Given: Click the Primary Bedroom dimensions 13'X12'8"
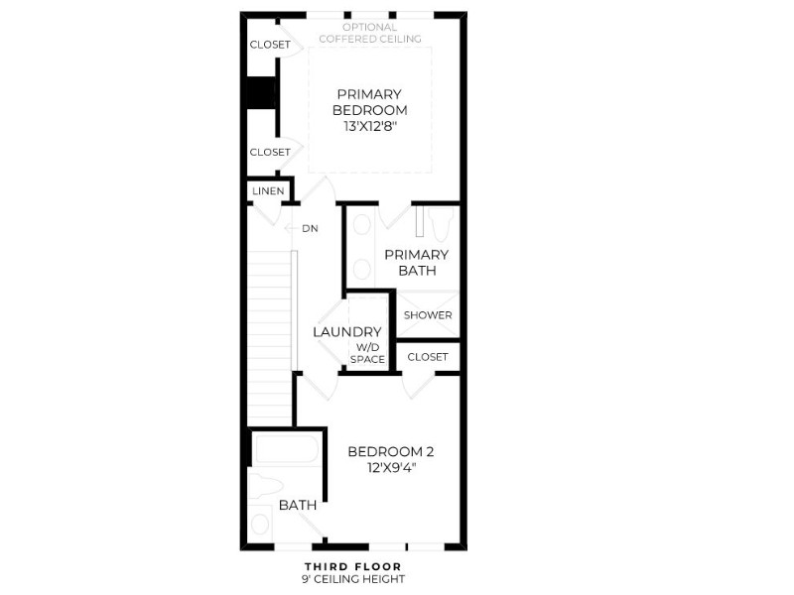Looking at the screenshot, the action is pos(369,127).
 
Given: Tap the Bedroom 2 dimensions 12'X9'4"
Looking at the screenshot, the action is pos(391,467).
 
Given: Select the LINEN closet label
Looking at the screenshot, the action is pos(268,191).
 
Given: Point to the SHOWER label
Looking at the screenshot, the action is pos(428,315).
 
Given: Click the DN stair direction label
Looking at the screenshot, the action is pos(310,229).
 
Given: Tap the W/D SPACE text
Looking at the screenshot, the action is pos(367,353).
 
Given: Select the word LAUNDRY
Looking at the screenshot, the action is pos(346,332).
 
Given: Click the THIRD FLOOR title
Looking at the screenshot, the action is pos(353,566).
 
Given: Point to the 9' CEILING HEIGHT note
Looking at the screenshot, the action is pos(353,579).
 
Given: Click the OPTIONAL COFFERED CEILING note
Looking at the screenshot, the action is pos(370,33).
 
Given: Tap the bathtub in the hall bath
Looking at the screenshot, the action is pos(287,449).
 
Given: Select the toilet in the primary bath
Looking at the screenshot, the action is pos(440,224).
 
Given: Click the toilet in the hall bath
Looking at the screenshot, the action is pos(265,486).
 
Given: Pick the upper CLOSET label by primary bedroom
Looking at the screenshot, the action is pos(270,45).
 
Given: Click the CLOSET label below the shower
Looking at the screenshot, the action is pos(428,357).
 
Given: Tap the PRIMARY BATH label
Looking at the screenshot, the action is pos(416,263).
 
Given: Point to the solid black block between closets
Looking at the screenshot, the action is pos(261,92).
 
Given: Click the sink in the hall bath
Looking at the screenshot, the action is pos(260,524).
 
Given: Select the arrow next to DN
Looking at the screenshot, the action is pos(290,229).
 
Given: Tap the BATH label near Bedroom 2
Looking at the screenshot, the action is pos(298,505).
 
